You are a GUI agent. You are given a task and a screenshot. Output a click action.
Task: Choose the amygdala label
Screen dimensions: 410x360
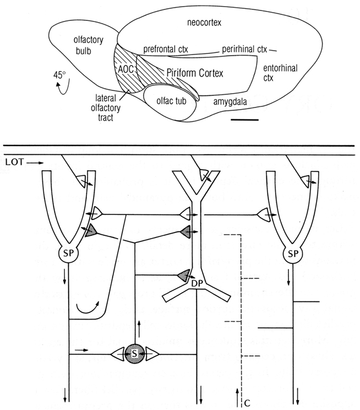tap(231, 102)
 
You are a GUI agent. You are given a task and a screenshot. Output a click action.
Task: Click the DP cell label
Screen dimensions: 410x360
tap(197, 283)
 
